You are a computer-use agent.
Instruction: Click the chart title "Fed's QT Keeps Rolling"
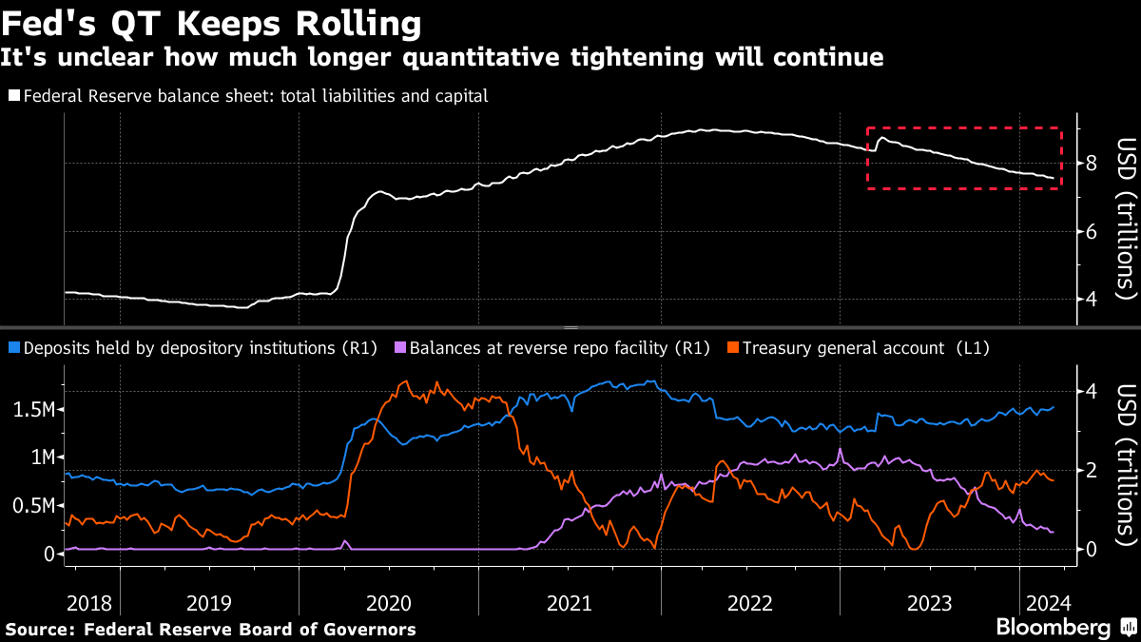pyautogui.click(x=211, y=22)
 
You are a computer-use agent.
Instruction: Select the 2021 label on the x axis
pyautogui.click(x=568, y=603)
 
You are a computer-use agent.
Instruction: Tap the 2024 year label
pyautogui.click(x=1048, y=603)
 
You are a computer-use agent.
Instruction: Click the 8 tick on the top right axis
pyautogui.click(x=1091, y=164)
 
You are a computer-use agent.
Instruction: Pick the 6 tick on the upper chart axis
pyautogui.click(x=1091, y=231)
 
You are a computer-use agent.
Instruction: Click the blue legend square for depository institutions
pyautogui.click(x=13, y=348)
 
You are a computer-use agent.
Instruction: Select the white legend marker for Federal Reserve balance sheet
pyautogui.click(x=13, y=96)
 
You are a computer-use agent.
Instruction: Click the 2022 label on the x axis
pyautogui.click(x=749, y=603)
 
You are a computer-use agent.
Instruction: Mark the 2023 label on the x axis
pyautogui.click(x=930, y=603)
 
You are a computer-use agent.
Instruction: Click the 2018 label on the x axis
pyautogui.click(x=89, y=603)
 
